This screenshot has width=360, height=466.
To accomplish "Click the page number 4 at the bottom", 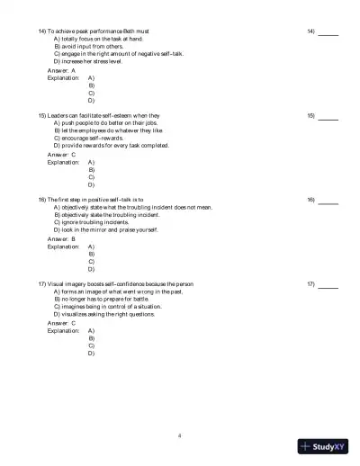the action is [x=180, y=435].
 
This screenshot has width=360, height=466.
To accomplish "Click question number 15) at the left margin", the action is [x=42, y=116].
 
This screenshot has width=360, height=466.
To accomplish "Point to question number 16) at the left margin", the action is [x=42, y=200].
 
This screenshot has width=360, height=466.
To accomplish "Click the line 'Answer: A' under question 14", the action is [x=61, y=70].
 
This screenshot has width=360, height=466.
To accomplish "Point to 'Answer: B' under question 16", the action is [x=61, y=238].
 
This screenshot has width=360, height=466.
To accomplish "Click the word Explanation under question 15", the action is [x=63, y=162].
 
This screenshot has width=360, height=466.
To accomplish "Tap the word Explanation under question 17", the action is [x=63, y=330].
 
